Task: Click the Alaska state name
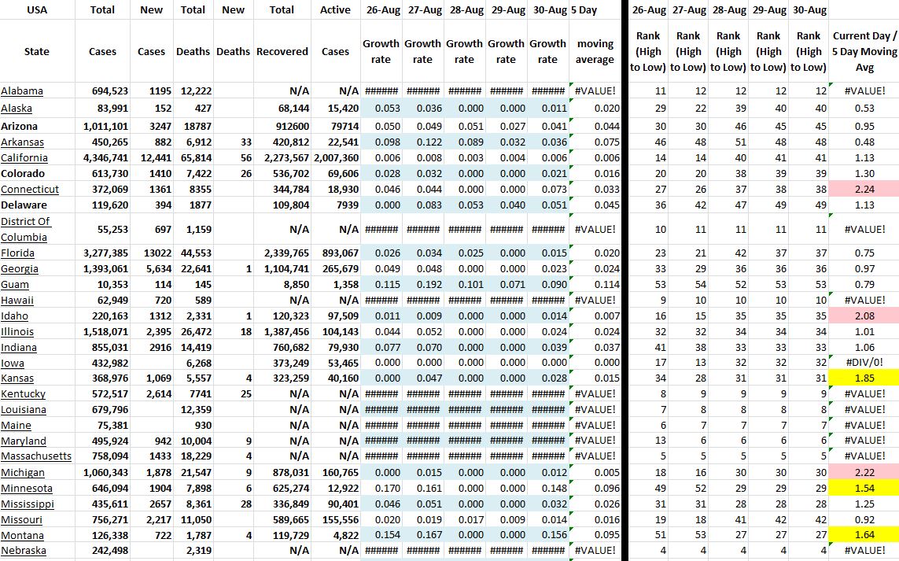click(x=17, y=108)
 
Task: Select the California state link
click(x=24, y=158)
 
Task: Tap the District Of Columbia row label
click(x=25, y=229)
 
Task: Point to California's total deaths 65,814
click(x=193, y=158)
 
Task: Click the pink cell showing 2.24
click(x=864, y=190)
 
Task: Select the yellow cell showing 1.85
click(x=864, y=378)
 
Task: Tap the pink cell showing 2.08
click(x=864, y=316)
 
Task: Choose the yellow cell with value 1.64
click(x=864, y=535)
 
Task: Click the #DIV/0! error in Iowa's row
click(x=864, y=363)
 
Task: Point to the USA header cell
click(x=36, y=10)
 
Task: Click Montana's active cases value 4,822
click(x=342, y=535)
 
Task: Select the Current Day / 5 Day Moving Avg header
click(x=864, y=51)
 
